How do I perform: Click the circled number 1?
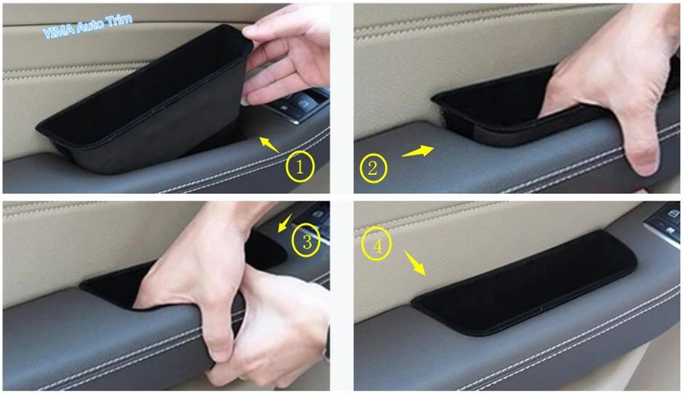(x=300, y=167)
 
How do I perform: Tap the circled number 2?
(x=374, y=168)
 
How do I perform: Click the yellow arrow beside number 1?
(x=269, y=144)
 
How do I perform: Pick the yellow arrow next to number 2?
(x=417, y=151)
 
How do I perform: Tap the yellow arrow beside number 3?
(x=286, y=223)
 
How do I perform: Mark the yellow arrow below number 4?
(x=414, y=262)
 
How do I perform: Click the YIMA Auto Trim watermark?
(x=87, y=26)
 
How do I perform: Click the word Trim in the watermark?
(x=119, y=21)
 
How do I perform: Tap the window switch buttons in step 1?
(x=297, y=104)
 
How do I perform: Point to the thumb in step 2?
(x=639, y=146)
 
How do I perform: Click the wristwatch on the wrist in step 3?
(x=326, y=349)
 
